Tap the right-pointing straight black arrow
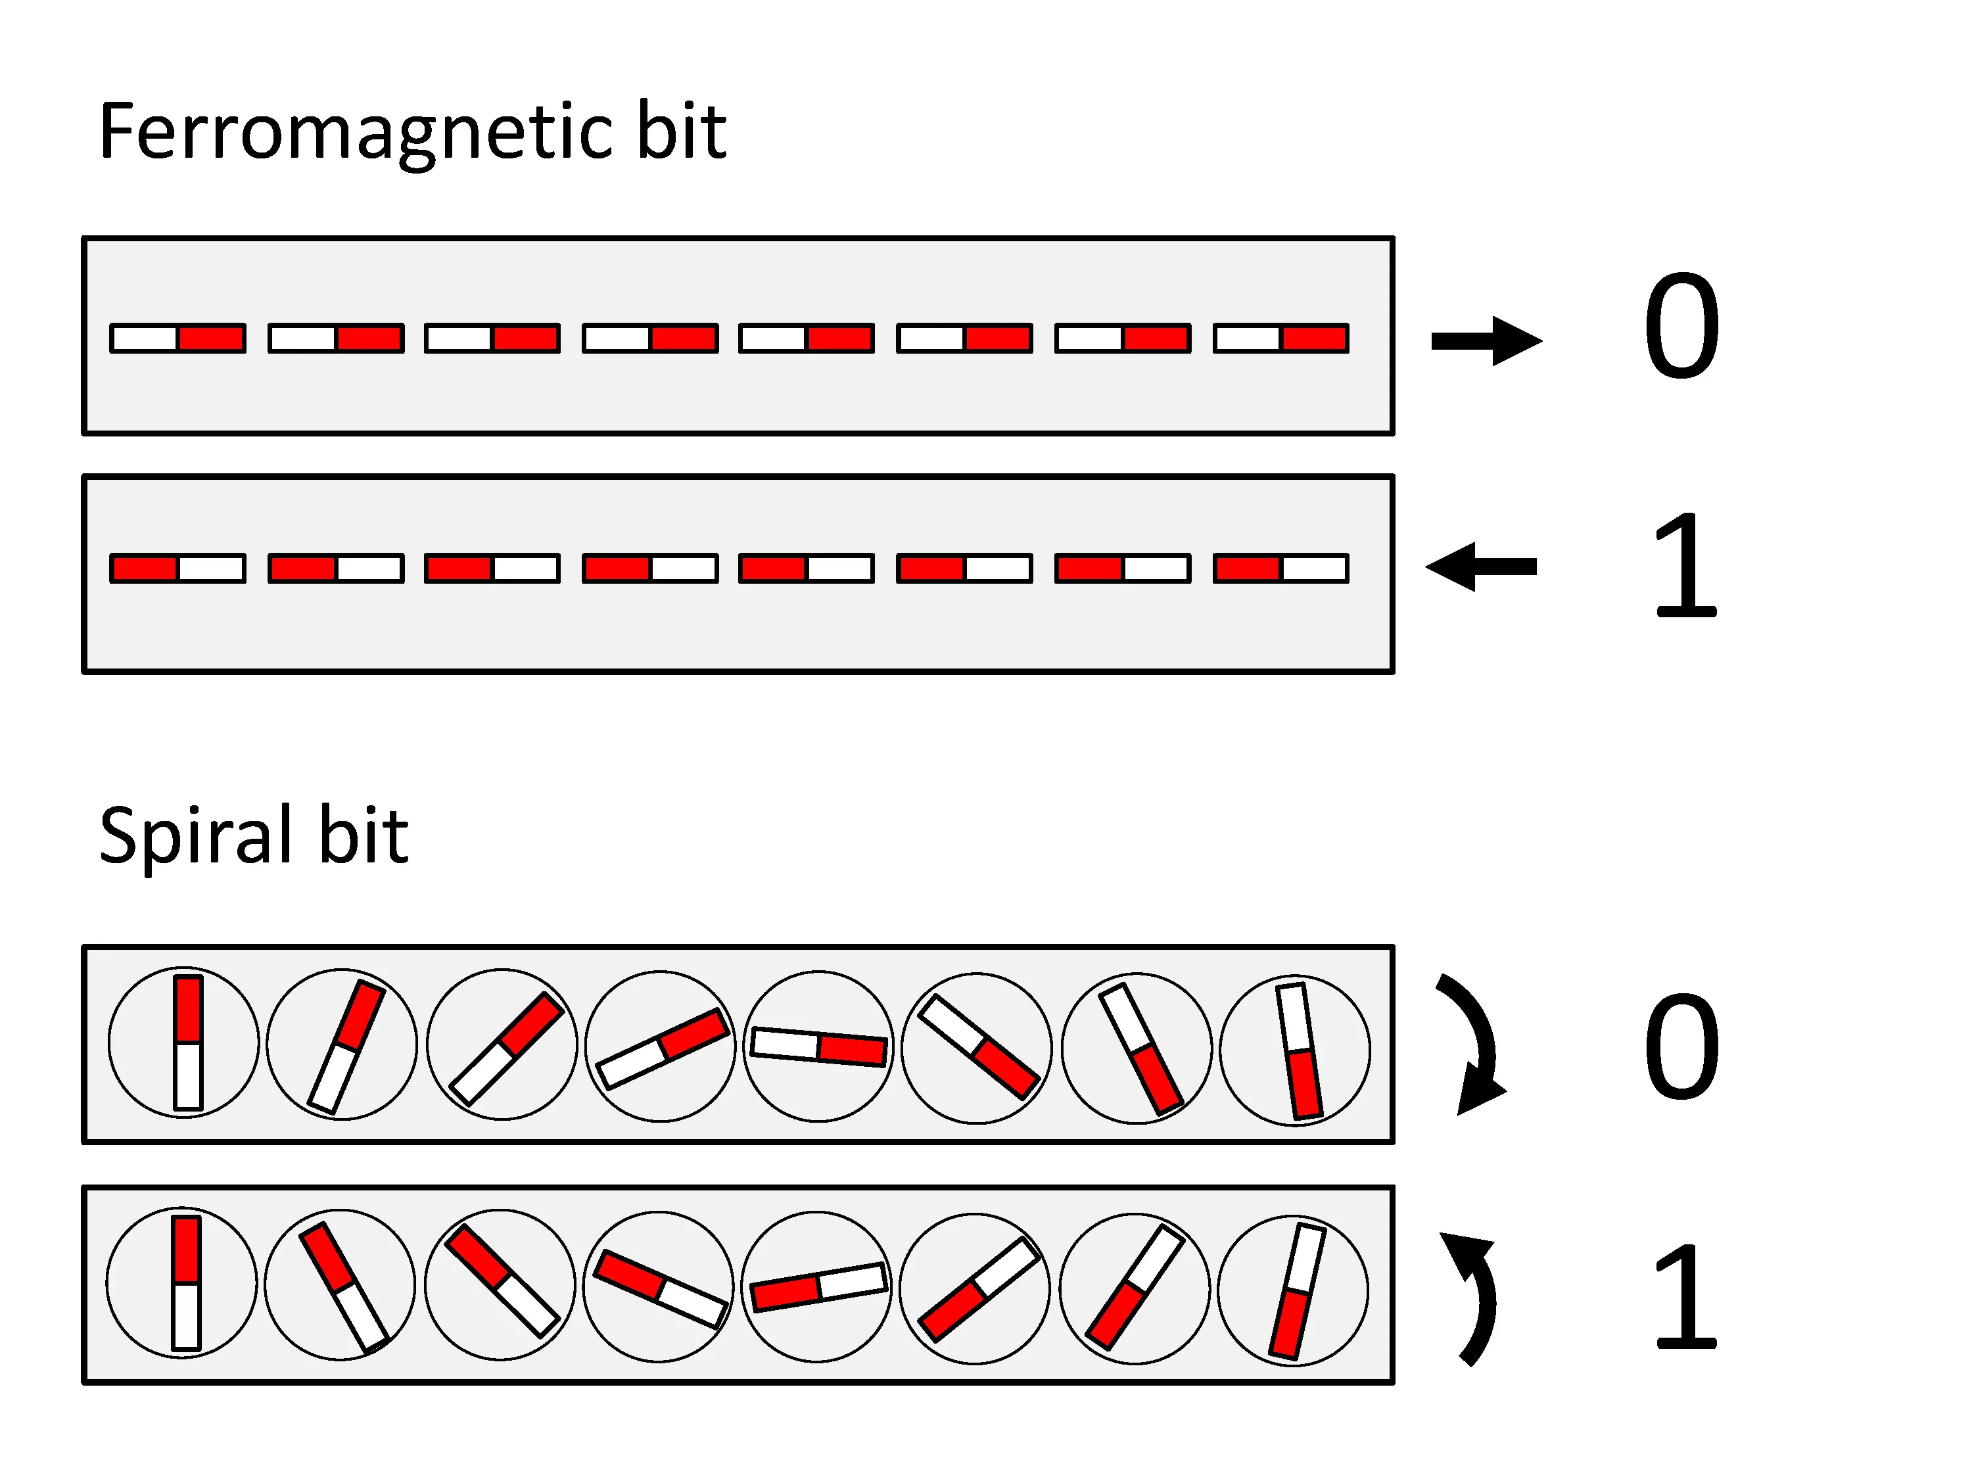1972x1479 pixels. coord(1486,340)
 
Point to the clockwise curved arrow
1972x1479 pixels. coord(1473,1043)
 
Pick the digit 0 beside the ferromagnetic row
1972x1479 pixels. coord(1681,325)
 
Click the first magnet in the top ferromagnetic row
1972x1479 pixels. coord(177,338)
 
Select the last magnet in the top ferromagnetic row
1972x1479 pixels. coord(1281,338)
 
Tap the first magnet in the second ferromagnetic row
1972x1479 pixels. coord(177,568)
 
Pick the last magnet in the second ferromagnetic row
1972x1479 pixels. coord(1281,568)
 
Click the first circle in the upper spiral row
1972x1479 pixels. coord(183,1042)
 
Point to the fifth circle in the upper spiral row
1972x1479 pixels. coord(818,1046)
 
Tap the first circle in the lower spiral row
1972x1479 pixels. coord(182,1283)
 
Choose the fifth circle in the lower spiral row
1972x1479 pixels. coord(816,1286)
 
